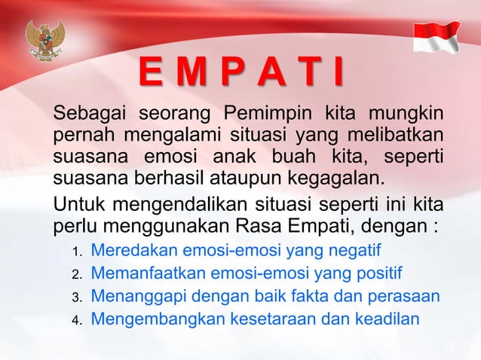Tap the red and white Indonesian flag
[437, 35]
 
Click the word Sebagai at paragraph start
[84, 118]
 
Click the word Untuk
[74, 205]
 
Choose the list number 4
[76, 320]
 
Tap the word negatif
[355, 249]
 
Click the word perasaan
[407, 296]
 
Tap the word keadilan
[389, 319]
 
